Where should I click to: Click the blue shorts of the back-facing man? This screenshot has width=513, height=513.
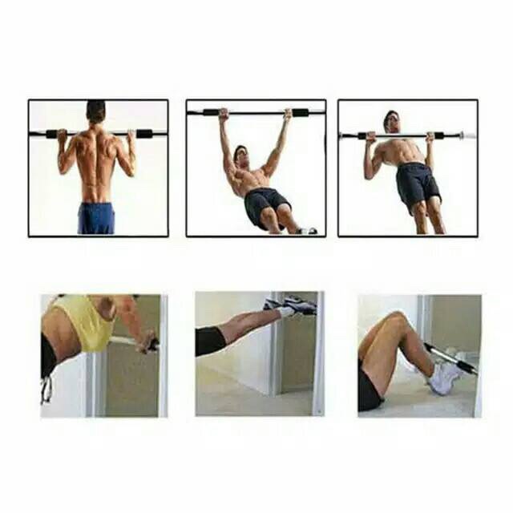point(96,217)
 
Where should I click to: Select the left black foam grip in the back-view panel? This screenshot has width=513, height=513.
point(51,134)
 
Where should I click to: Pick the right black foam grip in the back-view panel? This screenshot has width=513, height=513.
point(143,133)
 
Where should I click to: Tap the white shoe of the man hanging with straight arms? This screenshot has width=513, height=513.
point(306,231)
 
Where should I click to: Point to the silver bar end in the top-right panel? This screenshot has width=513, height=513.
point(467,135)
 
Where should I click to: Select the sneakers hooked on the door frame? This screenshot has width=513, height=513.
point(293,305)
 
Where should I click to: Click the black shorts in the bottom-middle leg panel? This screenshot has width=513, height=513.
point(210,341)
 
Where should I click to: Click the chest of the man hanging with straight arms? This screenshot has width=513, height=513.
point(253,180)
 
